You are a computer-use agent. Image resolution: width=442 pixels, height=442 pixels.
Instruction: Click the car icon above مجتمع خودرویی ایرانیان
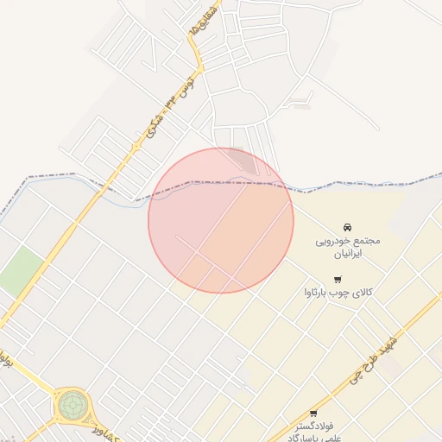pos(348,227)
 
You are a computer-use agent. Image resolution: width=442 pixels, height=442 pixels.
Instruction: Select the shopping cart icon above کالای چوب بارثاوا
pos(338,279)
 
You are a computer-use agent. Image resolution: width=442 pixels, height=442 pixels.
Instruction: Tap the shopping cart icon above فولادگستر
pos(313,413)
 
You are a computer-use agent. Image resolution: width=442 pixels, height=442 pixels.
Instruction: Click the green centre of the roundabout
pos(73,402)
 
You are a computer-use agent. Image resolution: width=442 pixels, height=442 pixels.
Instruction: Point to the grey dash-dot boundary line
pos(345,184)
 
